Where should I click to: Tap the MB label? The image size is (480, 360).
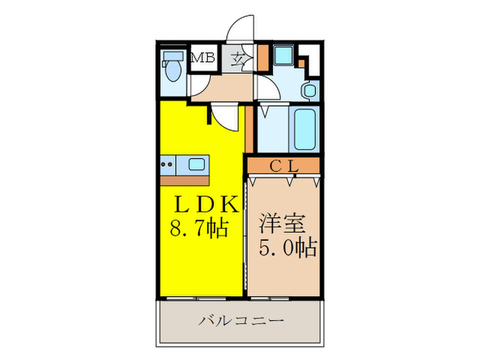(x=202, y=58)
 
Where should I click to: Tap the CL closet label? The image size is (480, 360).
(x=282, y=165)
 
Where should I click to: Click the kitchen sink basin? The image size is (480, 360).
(x=196, y=165)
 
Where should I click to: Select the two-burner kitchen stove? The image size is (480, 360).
(x=167, y=165)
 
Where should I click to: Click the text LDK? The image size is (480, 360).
(x=204, y=204)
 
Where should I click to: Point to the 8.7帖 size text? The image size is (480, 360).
(x=199, y=227)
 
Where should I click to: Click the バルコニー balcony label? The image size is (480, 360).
(x=241, y=321)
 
